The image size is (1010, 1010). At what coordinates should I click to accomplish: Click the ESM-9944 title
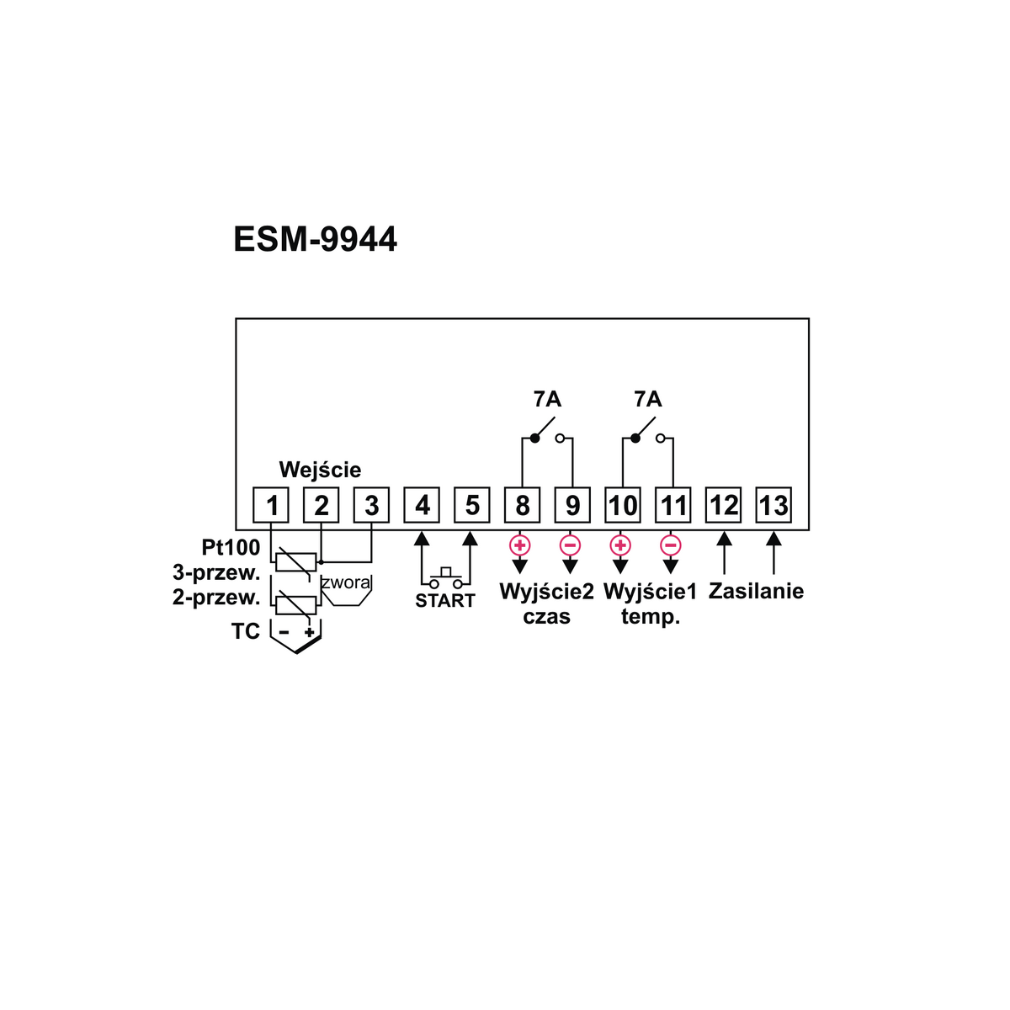pyautogui.click(x=315, y=240)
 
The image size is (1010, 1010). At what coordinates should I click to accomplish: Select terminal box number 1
pyautogui.click(x=271, y=505)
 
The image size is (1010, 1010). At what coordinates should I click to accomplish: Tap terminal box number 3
pyautogui.click(x=371, y=505)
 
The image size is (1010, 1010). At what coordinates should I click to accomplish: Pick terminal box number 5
pyautogui.click(x=471, y=505)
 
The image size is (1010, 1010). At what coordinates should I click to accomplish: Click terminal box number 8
pyautogui.click(x=522, y=505)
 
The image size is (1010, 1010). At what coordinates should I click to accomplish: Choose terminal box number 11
pyautogui.click(x=672, y=505)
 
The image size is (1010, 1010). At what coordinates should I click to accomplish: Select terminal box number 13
pyautogui.click(x=773, y=505)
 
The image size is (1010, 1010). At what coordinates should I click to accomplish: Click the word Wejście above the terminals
pyautogui.click(x=320, y=469)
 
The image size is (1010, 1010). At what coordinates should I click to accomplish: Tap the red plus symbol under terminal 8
pyautogui.click(x=520, y=545)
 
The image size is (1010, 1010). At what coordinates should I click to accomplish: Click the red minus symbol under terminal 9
pyautogui.click(x=570, y=545)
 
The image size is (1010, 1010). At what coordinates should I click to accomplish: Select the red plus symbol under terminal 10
pyautogui.click(x=620, y=545)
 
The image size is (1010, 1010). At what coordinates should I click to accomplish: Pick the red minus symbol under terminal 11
pyautogui.click(x=670, y=545)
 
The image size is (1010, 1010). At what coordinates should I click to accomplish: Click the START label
pyautogui.click(x=444, y=601)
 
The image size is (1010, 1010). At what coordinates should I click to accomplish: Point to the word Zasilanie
pyautogui.click(x=756, y=591)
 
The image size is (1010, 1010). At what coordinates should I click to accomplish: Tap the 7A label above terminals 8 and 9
pyautogui.click(x=547, y=399)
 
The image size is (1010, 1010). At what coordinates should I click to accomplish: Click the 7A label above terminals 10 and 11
pyautogui.click(x=647, y=399)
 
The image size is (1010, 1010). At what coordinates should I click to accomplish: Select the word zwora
pyautogui.click(x=345, y=582)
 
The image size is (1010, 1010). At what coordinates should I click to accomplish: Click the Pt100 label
pyautogui.click(x=231, y=548)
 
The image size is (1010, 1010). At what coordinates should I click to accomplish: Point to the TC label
pyautogui.click(x=246, y=631)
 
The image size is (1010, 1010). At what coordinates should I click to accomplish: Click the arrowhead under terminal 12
pyautogui.click(x=723, y=539)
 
